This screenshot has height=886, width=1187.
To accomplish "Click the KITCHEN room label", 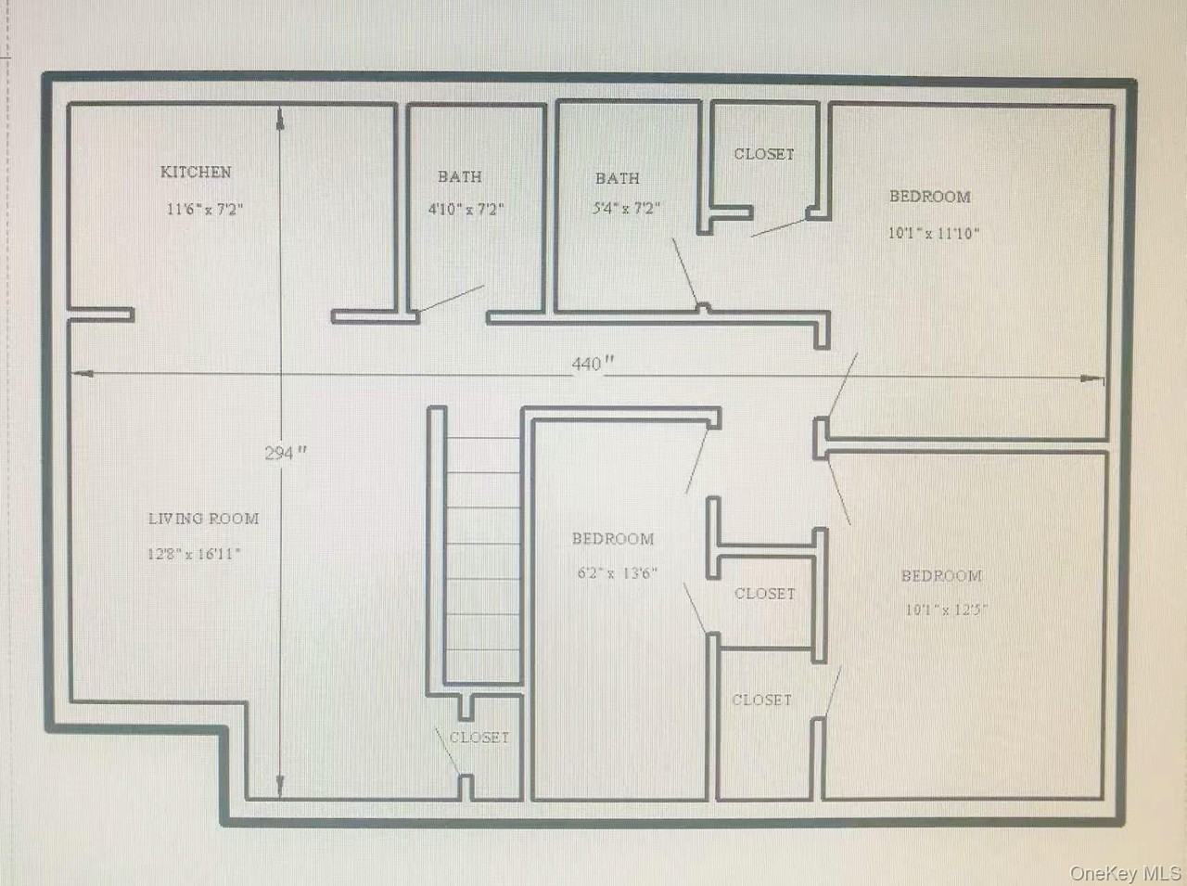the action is click(196, 172).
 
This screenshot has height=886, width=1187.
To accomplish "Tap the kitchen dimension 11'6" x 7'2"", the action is click(205, 209).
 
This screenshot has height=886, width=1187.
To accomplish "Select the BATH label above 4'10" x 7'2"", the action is click(460, 177).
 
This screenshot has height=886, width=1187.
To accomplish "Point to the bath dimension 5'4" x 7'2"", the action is click(626, 208).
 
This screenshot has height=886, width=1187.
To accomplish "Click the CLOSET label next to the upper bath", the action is click(764, 154).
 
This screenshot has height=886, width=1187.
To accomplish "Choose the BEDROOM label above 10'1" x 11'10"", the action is click(930, 197).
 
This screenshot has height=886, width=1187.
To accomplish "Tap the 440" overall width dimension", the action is click(593, 364).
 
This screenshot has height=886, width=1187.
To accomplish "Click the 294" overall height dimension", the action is click(286, 452).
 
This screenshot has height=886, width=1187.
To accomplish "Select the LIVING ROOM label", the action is click(204, 519).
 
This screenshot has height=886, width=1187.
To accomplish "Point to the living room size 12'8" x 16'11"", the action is click(194, 554).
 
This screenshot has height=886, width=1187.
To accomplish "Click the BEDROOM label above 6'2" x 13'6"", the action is click(613, 539).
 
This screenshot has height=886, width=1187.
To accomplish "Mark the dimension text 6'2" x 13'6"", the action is click(618, 572).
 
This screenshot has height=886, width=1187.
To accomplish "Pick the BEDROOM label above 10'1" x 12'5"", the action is click(941, 575).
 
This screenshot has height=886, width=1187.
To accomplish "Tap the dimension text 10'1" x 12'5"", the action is click(947, 610).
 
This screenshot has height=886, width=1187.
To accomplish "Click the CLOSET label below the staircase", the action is click(479, 738).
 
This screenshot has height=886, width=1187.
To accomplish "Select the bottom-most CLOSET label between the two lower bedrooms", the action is click(762, 700).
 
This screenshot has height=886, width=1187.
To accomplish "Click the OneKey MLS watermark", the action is click(1125, 873).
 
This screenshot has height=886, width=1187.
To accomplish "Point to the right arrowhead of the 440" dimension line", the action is click(1091, 379).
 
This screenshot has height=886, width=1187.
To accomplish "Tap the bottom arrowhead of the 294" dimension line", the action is click(280, 785).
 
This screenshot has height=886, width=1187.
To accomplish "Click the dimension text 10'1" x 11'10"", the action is click(934, 233).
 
